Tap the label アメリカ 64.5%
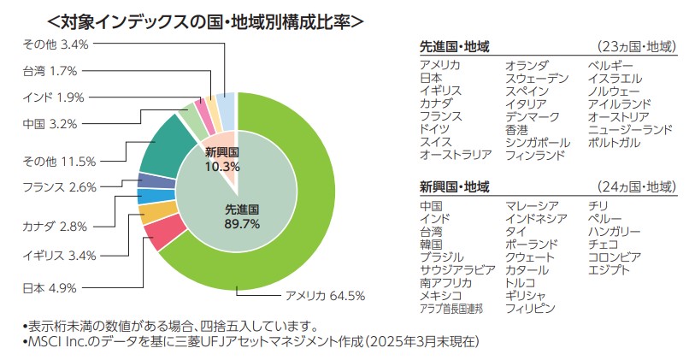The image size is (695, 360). tap(324, 297)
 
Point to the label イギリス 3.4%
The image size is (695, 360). tap(58, 255)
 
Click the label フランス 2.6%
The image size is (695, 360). tap(58, 186)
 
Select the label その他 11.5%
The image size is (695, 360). tap(58, 160)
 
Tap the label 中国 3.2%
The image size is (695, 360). tap(50, 123)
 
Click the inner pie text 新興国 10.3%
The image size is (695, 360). tap(221, 159)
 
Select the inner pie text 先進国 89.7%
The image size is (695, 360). tap(242, 215)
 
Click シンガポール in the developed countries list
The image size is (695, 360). tap(537, 142)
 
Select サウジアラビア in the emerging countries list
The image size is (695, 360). tap(457, 270)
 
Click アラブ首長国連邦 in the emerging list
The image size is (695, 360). tap(451, 309)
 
